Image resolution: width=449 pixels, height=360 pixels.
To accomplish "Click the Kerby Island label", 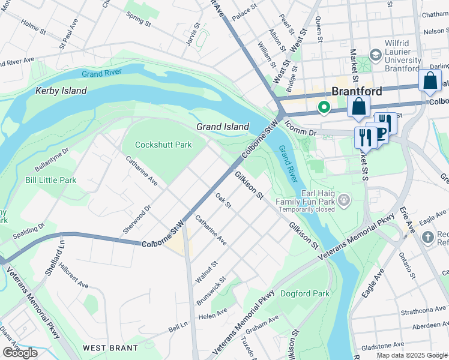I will pyautogui.click(x=61, y=91).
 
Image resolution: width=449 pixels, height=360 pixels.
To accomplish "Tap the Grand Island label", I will pyautogui.click(x=222, y=127).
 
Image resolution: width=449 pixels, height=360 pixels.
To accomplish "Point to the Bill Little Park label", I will pyautogui.click(x=50, y=180).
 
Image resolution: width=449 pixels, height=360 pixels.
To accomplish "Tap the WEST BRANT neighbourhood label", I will pyautogui.click(x=110, y=348).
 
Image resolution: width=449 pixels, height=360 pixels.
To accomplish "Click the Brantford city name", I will pyautogui.click(x=357, y=92).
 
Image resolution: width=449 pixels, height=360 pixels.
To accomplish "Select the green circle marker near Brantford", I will pyautogui.click(x=324, y=108).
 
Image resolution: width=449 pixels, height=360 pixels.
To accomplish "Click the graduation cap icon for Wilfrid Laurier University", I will pyautogui.click(x=376, y=56).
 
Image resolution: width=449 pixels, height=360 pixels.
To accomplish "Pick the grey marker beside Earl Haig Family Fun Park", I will pyautogui.click(x=344, y=199).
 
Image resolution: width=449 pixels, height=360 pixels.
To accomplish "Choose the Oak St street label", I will pyautogui.click(x=223, y=200).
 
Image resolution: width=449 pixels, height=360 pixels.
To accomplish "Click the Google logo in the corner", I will pyautogui.click(x=20, y=353).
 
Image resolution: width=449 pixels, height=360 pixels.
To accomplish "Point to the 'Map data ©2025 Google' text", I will pyautogui.click(x=411, y=355).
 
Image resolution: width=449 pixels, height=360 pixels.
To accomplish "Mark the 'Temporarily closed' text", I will pyautogui.click(x=306, y=211).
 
